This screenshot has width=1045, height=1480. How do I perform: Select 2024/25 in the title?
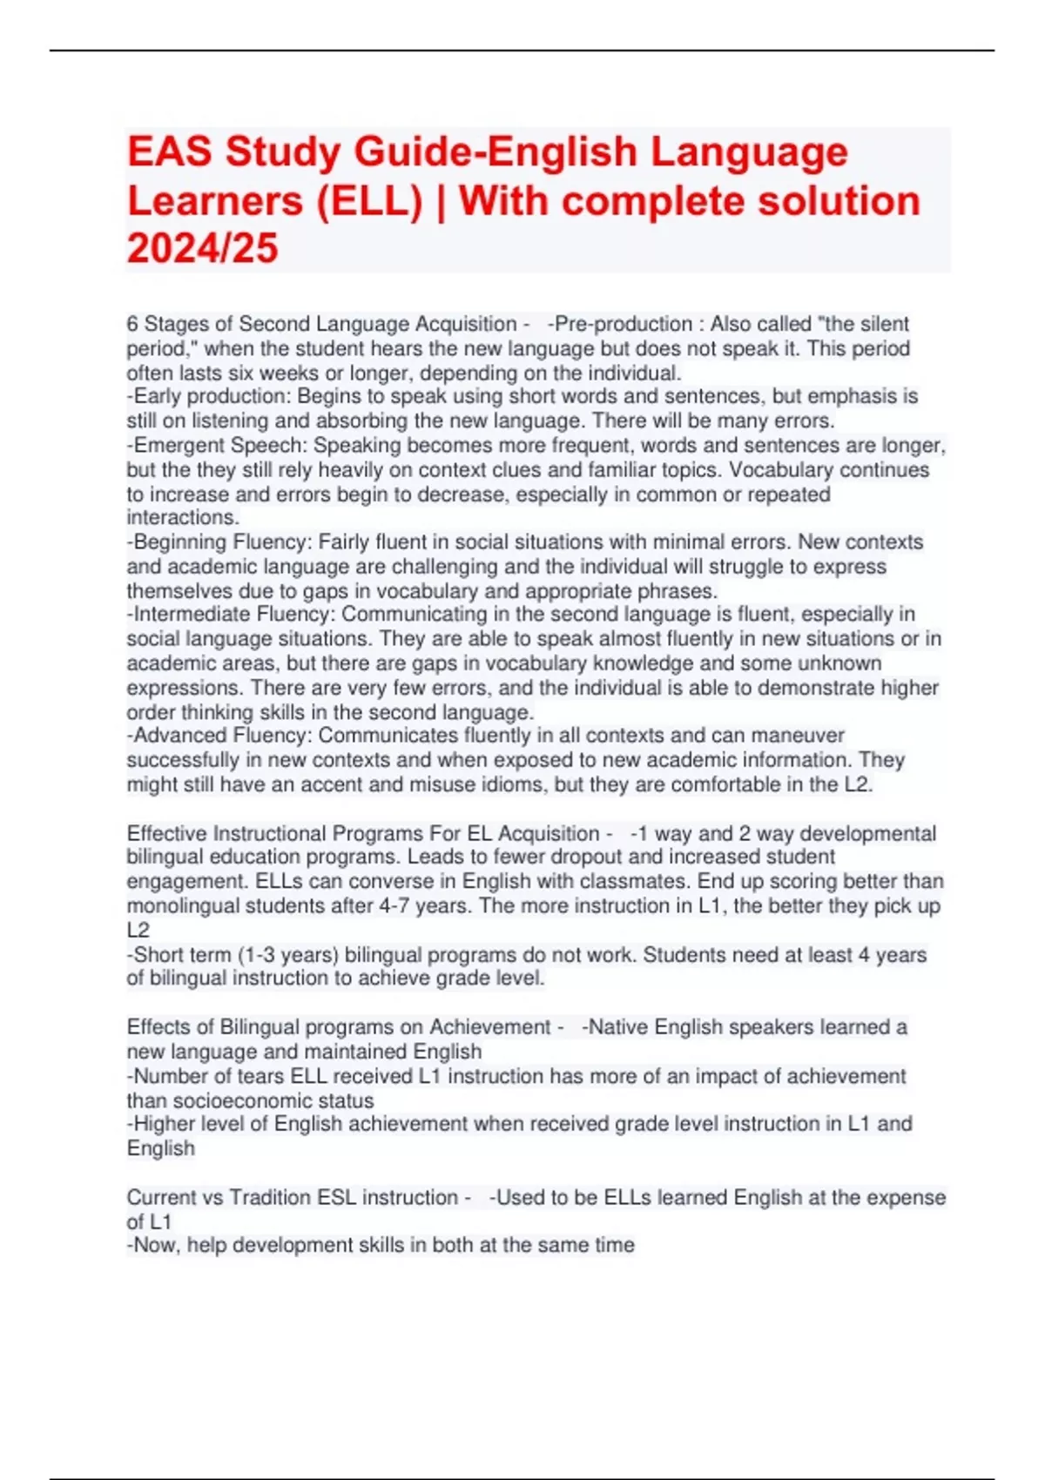(202, 248)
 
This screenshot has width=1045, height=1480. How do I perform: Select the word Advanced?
(172, 736)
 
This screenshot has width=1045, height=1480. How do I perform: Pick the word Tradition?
(270, 1198)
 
